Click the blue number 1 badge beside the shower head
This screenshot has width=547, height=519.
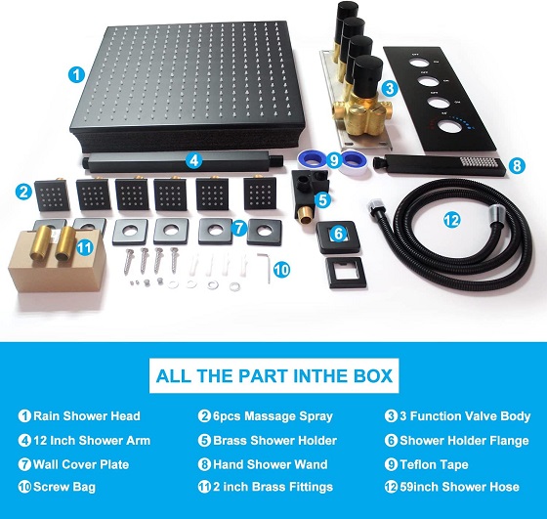click(76, 74)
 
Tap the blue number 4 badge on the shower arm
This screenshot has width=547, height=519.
click(194, 160)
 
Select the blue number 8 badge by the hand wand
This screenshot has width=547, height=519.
click(517, 165)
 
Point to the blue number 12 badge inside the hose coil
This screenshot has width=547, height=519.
click(451, 220)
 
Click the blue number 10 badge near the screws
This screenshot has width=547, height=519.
click(281, 270)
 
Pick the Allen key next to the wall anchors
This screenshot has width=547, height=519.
click(265, 268)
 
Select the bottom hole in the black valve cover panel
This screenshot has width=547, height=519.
click(448, 126)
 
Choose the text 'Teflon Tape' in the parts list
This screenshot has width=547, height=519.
click(434, 464)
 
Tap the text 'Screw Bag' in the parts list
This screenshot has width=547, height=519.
click(64, 488)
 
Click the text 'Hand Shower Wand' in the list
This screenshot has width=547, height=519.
click(271, 464)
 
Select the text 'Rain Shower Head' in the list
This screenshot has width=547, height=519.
click(87, 416)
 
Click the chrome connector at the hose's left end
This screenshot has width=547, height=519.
click(374, 205)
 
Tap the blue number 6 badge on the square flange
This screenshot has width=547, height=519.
click(338, 234)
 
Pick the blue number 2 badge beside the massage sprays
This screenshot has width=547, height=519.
click(23, 192)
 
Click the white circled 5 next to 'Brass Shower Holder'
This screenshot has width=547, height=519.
click(204, 441)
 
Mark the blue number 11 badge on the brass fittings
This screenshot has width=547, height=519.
click(85, 248)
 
